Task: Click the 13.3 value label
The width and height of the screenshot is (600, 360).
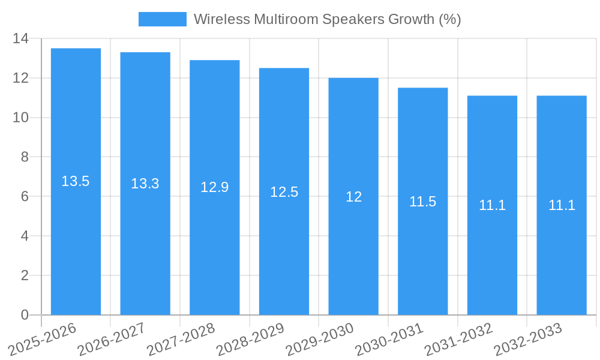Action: (145, 184)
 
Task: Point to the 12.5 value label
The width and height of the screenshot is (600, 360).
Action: (284, 192)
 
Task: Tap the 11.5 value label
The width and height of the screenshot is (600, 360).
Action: (423, 202)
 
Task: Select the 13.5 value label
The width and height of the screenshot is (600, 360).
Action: (76, 181)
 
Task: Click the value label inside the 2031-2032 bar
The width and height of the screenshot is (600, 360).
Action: (492, 205)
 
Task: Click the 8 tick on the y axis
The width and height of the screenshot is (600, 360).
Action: (25, 157)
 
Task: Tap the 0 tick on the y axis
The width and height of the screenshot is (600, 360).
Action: (25, 315)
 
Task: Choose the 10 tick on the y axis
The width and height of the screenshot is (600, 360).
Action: (21, 118)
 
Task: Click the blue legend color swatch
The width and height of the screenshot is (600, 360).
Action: (163, 19)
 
